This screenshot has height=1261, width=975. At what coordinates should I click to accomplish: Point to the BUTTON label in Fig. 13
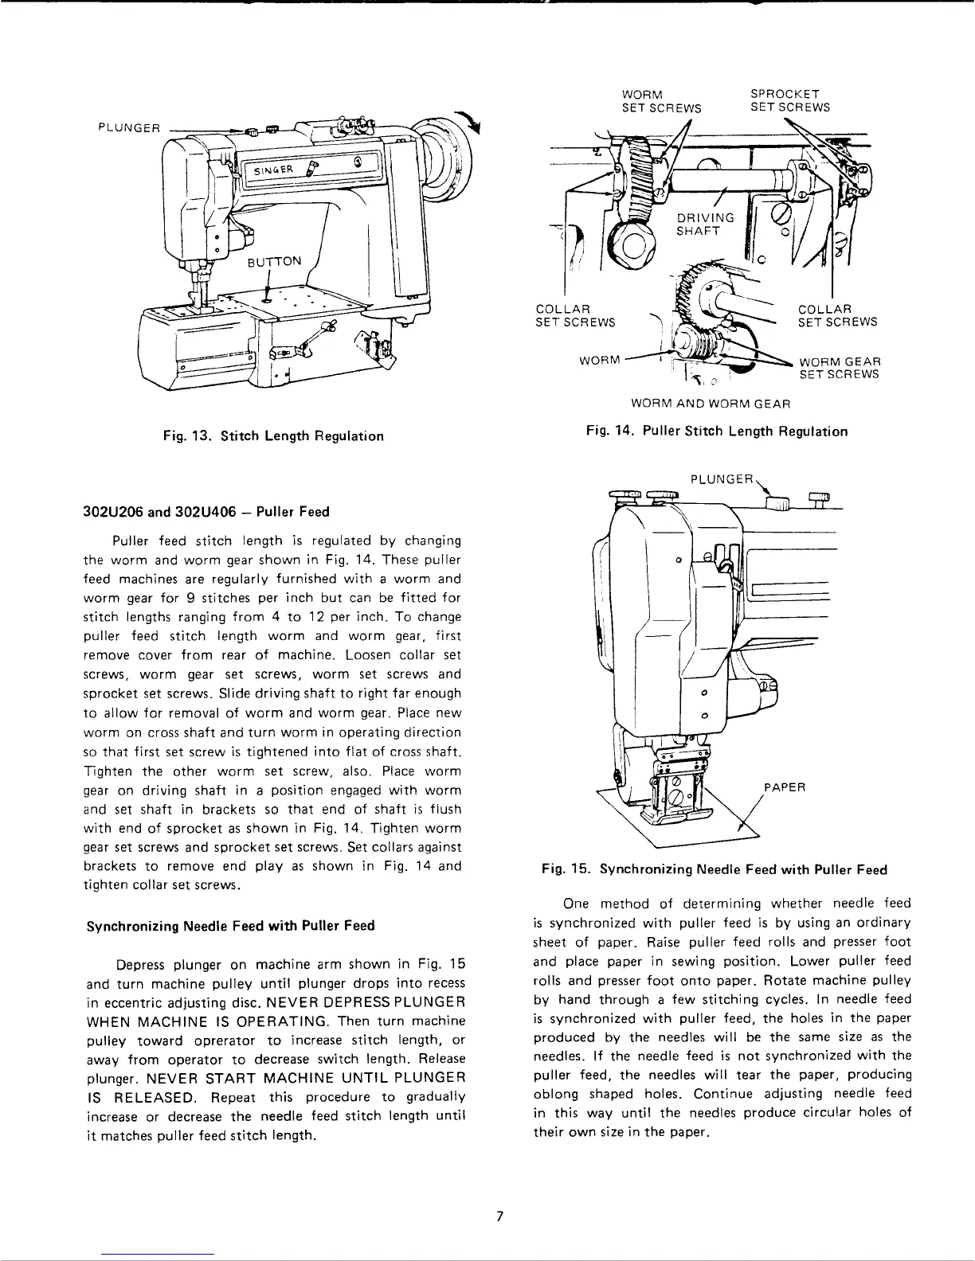click(275, 261)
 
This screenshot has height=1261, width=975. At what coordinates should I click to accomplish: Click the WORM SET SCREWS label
click(661, 101)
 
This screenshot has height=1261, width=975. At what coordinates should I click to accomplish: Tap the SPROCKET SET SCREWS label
click(790, 100)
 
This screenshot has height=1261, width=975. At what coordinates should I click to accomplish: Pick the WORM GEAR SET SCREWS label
click(840, 368)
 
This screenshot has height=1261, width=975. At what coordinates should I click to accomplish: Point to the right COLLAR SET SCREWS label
click(837, 315)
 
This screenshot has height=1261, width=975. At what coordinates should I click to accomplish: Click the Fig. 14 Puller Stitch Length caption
click(716, 431)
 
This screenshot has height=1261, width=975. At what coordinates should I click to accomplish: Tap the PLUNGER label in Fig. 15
click(721, 480)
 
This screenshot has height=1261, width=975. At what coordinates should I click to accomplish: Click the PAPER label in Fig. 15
click(785, 788)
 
